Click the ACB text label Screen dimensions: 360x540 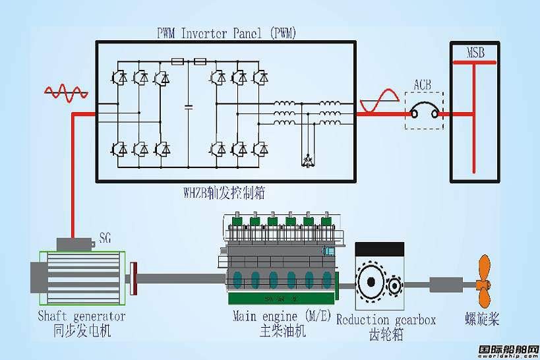coord(423,84)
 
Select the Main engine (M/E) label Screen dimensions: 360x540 coord(282,316)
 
